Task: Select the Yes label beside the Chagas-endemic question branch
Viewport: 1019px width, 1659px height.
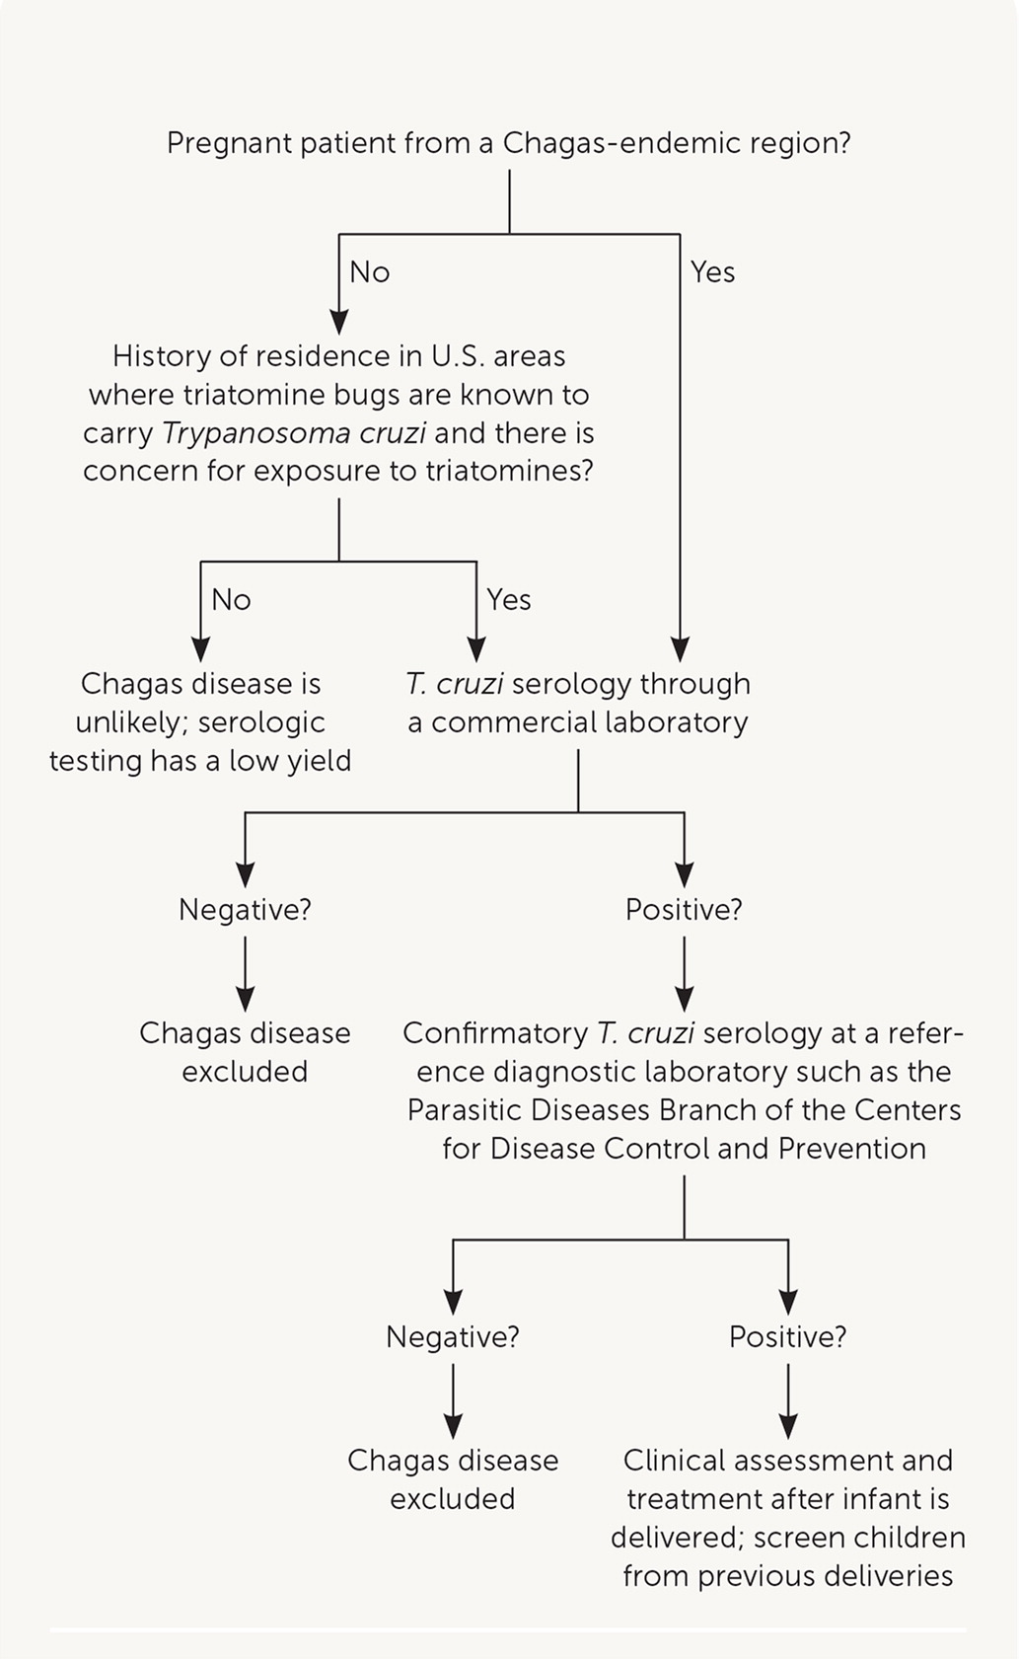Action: (x=712, y=272)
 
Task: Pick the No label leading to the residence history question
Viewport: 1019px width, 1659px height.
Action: (x=370, y=272)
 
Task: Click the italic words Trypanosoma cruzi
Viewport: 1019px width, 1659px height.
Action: (x=294, y=433)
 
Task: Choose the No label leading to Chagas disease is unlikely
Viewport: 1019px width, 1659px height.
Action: (x=231, y=600)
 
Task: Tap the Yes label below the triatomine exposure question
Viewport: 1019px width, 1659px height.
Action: (x=509, y=600)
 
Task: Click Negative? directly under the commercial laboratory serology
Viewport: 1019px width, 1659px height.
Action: (x=245, y=910)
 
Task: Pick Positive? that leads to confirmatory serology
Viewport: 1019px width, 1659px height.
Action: (x=684, y=910)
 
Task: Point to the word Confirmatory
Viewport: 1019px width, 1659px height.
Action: (x=495, y=1033)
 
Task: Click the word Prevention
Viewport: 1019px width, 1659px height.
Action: (x=852, y=1149)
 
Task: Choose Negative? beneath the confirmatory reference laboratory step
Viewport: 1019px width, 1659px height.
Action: (x=453, y=1337)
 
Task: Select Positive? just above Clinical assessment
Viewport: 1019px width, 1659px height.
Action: (x=787, y=1337)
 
